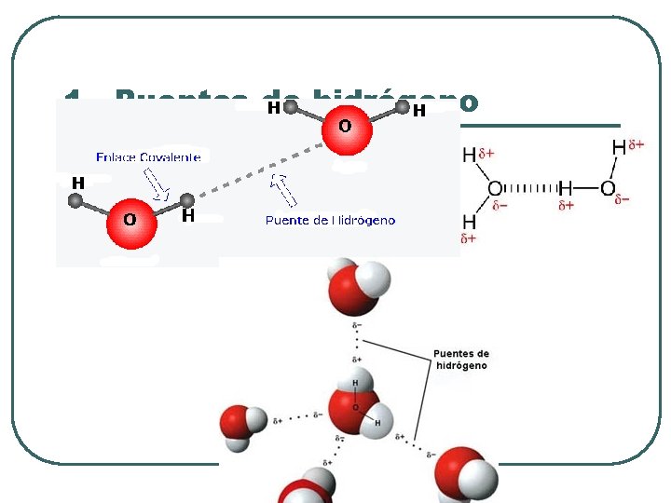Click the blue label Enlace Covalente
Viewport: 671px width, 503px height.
tap(149, 156)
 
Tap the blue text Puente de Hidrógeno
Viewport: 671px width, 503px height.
tap(330, 221)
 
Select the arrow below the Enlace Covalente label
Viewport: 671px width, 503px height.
tap(156, 184)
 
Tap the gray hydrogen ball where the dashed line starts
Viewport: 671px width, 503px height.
tap(187, 199)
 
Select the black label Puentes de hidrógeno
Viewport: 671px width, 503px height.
tap(460, 360)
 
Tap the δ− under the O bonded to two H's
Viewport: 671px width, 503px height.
tap(500, 206)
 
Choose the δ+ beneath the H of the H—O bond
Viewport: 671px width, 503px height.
tap(566, 206)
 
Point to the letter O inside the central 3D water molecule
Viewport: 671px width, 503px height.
tap(354, 408)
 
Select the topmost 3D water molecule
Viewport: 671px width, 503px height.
tap(357, 288)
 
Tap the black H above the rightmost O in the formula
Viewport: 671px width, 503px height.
tap(619, 147)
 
